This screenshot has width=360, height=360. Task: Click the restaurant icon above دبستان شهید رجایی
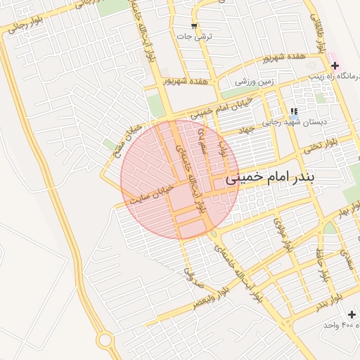click(294, 111)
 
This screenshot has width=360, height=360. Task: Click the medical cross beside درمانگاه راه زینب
click(335, 65)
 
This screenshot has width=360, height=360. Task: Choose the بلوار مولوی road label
click(282, 237)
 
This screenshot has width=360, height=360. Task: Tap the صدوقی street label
click(193, 275)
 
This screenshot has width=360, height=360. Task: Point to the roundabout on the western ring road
click(105, 340)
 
